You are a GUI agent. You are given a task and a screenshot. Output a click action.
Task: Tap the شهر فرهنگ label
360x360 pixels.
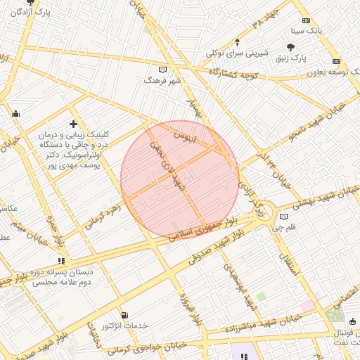tap(162, 81)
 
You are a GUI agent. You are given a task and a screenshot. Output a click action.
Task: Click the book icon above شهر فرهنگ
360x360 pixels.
tap(163, 70)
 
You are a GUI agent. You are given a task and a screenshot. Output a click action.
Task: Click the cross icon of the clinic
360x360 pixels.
tap(72, 124)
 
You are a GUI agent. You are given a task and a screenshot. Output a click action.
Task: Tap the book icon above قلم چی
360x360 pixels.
tap(283, 217)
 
